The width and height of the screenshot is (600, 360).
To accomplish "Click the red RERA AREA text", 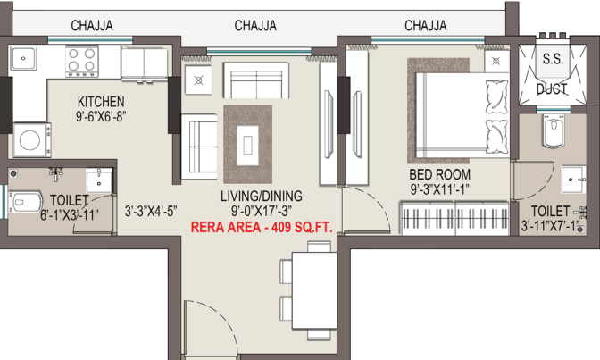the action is tap(262, 227).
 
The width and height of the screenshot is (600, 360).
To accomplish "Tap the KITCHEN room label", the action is tap(101, 102).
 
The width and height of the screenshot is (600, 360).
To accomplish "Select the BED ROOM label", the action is tap(439, 174).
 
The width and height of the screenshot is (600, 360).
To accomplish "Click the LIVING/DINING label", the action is tap(262, 197).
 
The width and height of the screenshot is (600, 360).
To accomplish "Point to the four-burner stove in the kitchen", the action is tap(82, 61).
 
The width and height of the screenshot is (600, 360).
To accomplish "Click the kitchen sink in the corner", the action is tap(23, 59).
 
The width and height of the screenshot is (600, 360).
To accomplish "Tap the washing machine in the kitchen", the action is tap(32, 139).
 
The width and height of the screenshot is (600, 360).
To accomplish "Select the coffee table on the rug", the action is tap(247, 146).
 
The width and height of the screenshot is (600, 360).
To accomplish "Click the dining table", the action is tap(314, 290).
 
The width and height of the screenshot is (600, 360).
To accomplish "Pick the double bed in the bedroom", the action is tap(462, 115).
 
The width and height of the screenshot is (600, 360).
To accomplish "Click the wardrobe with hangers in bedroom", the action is tap(454, 218).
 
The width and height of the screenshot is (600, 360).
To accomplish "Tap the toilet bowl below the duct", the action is tap(554, 130).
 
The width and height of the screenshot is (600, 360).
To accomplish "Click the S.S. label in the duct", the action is tap(553, 59).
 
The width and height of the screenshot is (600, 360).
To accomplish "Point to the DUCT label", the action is tap(552, 89).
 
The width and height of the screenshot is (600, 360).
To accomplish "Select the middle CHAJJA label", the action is tap(255, 25).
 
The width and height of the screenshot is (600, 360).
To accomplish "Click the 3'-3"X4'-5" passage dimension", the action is tap(151, 211).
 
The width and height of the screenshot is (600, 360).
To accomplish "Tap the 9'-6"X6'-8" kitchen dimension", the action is tap(101, 116).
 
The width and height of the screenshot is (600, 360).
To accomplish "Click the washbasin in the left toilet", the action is tap(99, 180).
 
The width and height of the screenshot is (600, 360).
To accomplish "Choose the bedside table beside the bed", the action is tap(496, 61).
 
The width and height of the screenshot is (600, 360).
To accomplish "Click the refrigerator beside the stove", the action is tap(145, 64).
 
